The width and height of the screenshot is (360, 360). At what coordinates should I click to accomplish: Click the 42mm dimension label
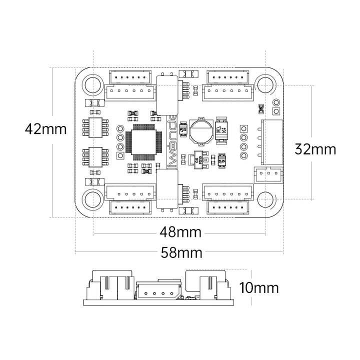pos(45,129)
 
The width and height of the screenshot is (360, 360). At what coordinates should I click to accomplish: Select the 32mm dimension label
pos(315,149)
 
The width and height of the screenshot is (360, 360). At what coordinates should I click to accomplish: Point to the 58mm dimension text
pos(181,252)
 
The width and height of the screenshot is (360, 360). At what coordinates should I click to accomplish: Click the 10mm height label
pos(258,288)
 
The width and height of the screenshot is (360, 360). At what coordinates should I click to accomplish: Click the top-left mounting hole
pos(92,84)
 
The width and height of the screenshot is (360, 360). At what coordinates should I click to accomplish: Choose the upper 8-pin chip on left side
pos(95,127)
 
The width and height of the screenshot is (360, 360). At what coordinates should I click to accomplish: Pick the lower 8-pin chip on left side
pos(95,157)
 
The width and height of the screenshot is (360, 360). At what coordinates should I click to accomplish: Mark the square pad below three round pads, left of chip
pos(120,155)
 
